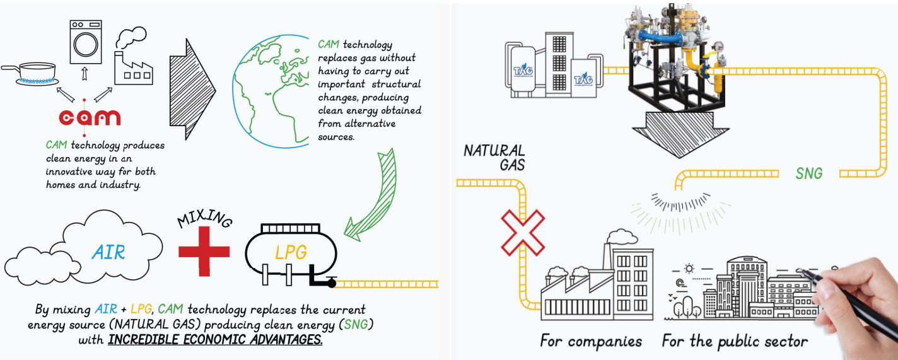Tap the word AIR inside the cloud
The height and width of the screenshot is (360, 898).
[x=108, y=253]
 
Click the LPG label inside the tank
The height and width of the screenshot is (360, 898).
[x=291, y=253]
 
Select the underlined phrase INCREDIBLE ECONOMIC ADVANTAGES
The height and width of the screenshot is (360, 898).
[x=215, y=340]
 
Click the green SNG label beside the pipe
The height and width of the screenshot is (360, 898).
[x=808, y=173]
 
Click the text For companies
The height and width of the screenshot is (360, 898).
[x=591, y=342]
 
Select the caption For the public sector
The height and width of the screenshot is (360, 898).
[x=735, y=342]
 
